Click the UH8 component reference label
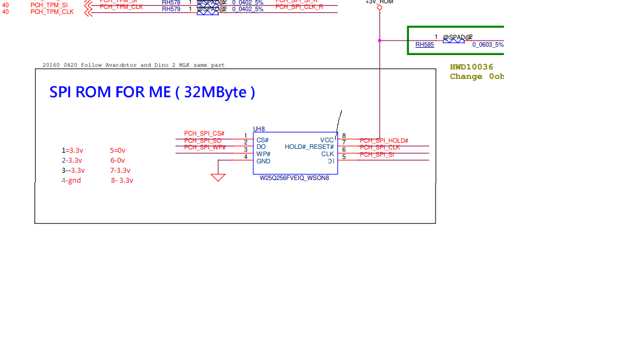coord(259,129)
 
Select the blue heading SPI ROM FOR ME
coord(152,92)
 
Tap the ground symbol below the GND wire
coord(218,177)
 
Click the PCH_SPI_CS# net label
coord(204,134)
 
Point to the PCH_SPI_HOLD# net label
coord(384,141)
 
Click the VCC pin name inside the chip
coord(327,140)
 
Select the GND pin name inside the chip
coord(263,161)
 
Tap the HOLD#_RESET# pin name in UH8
coord(309,147)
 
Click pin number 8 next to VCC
coord(344,136)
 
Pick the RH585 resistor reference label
coord(424,45)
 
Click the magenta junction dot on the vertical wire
coord(379,41)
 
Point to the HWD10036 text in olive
coord(472,67)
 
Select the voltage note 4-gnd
coord(71,181)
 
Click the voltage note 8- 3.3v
coord(122,181)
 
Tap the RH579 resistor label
coord(171,9)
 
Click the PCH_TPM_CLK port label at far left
coord(52,12)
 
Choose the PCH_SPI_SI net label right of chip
coord(377,154)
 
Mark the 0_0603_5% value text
coord(488,45)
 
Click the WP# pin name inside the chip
coord(263,154)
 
